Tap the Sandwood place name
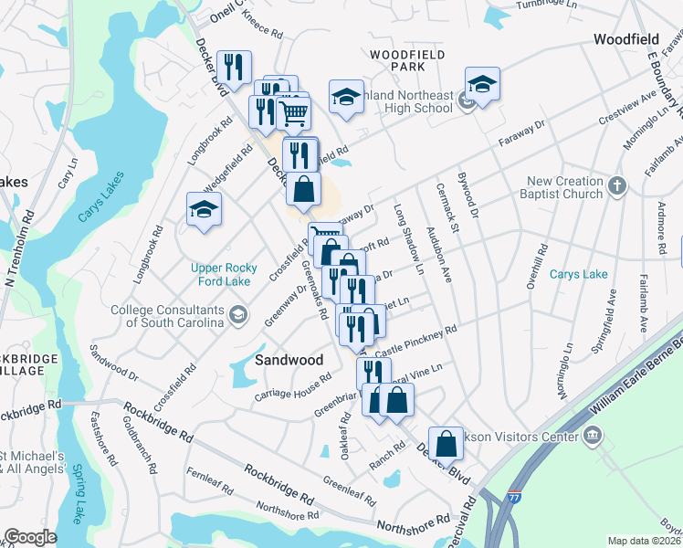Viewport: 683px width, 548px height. click(289, 360)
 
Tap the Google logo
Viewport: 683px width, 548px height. click(29, 537)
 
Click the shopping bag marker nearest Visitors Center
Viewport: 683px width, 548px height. click(446, 444)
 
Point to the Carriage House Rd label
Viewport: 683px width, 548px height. click(292, 388)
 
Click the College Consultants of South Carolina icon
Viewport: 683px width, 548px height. click(238, 316)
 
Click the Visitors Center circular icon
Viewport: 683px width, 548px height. click(594, 435)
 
